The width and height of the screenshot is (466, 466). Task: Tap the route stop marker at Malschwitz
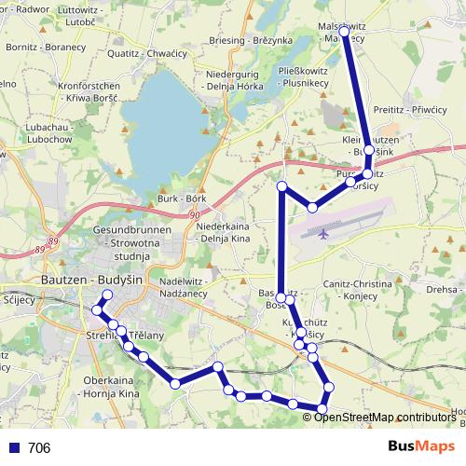coord(344,32)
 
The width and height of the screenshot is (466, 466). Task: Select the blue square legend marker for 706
coord(14,448)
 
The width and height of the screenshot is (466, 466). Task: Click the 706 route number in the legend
coord(39,448)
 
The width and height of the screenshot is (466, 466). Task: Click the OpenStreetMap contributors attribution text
coord(384,417)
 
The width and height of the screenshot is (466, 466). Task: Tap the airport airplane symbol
coord(322,233)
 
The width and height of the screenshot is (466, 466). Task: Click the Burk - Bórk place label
coord(182,199)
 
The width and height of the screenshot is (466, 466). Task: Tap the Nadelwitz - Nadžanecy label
coord(196,286)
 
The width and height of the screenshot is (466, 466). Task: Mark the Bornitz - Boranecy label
coord(46,46)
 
